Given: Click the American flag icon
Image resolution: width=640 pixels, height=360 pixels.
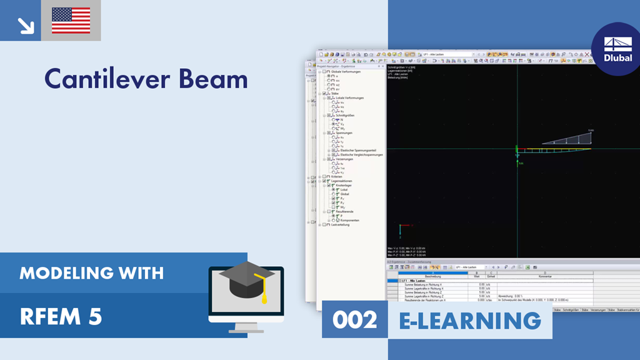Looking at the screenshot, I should (71, 21).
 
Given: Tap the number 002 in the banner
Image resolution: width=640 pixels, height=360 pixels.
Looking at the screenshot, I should (354, 320).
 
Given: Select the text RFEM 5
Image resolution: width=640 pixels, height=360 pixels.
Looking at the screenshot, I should (61, 317).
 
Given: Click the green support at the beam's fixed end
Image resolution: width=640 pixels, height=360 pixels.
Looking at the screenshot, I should (517, 151).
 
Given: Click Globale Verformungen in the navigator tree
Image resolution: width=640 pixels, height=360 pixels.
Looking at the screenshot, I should (341, 72).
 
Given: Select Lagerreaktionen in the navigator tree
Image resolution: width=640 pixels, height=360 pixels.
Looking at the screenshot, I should (342, 181).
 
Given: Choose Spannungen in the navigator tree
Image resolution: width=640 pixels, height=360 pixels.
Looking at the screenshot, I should (342, 132).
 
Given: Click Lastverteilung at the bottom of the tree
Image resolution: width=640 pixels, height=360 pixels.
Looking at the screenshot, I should (341, 224).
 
